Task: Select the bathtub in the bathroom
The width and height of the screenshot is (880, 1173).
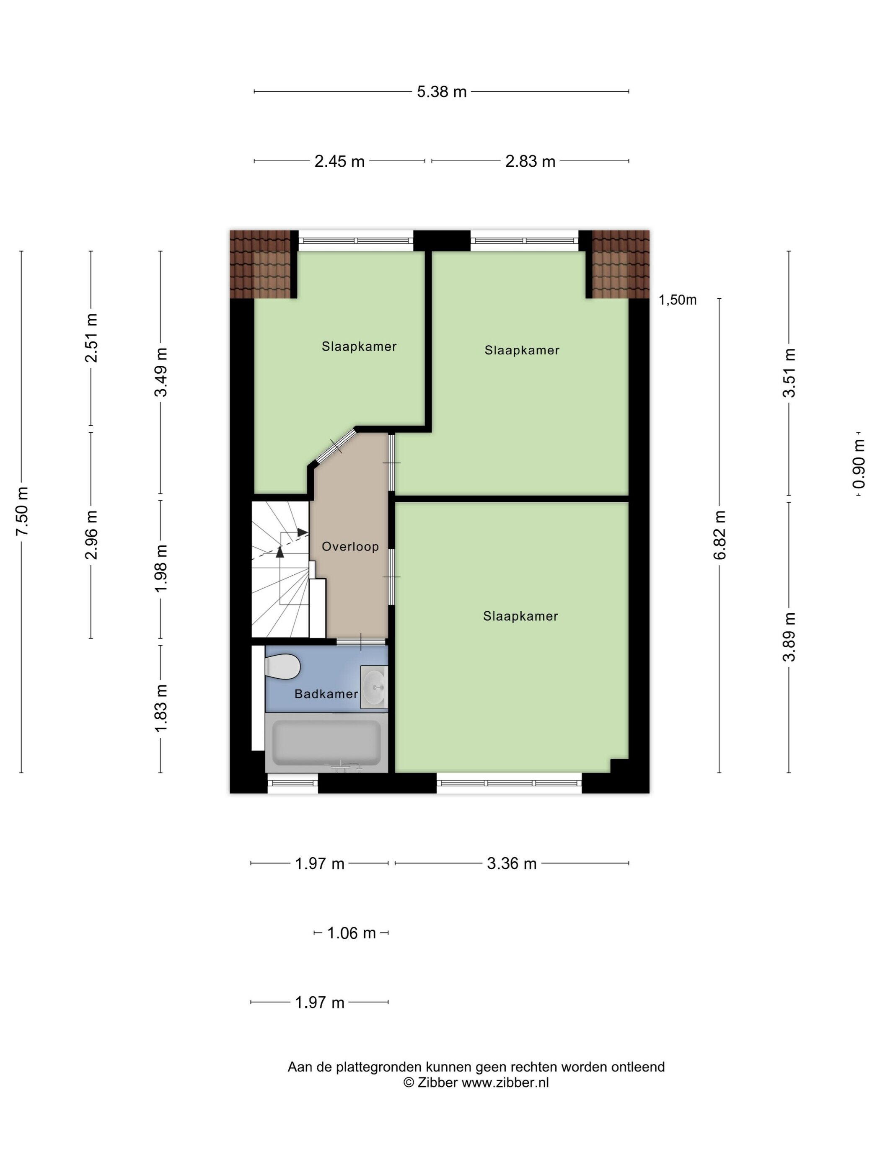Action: [326, 742]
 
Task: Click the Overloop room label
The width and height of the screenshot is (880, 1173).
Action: [350, 546]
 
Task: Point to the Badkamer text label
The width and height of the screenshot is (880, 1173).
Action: [326, 694]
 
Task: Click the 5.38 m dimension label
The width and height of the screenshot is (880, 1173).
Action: [441, 92]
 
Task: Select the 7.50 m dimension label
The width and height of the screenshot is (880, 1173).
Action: [22, 511]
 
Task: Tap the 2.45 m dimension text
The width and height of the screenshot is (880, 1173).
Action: [339, 161]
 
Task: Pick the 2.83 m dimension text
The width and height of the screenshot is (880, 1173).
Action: [530, 161]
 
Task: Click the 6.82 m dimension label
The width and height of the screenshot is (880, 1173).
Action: [720, 535]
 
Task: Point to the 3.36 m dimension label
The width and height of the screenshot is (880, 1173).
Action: [512, 864]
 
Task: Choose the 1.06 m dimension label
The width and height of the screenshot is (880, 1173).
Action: [351, 933]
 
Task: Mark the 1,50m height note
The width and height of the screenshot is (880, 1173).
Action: [677, 300]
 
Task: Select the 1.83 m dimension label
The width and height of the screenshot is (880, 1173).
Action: [161, 708]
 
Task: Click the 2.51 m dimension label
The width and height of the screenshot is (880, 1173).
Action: [91, 338]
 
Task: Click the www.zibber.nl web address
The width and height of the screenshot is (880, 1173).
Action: [505, 1083]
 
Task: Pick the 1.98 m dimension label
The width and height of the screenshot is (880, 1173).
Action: [161, 568]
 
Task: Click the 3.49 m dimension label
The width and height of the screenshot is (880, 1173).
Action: [161, 372]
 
